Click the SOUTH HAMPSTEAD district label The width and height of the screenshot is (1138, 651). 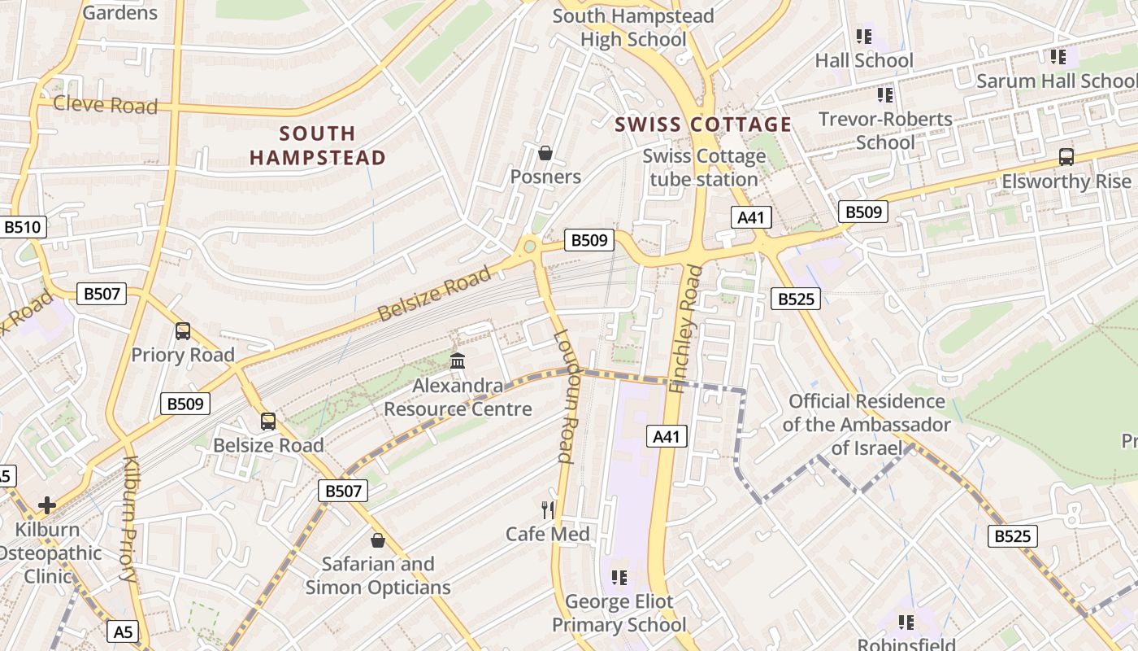[317, 146]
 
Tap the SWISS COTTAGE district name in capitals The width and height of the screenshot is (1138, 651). [703, 125]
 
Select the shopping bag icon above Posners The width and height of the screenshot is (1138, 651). [545, 153]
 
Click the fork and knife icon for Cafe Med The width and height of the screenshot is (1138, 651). [548, 510]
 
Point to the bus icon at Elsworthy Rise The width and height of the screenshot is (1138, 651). [1066, 157]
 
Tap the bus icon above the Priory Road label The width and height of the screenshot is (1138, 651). [183, 331]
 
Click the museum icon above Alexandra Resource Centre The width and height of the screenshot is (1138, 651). [458, 360]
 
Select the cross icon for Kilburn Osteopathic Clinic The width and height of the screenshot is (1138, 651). [47, 505]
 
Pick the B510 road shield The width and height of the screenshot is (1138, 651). [22, 227]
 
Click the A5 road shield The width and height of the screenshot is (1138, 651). [122, 631]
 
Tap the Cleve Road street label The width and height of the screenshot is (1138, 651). [105, 105]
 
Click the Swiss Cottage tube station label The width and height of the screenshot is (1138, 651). [704, 168]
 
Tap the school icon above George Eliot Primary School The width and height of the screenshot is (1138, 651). [619, 578]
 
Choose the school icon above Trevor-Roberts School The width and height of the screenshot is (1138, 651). [885, 95]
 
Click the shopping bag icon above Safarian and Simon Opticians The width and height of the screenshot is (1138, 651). [377, 540]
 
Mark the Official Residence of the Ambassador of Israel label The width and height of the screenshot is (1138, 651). [867, 424]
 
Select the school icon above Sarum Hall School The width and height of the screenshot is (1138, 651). [1058, 57]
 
